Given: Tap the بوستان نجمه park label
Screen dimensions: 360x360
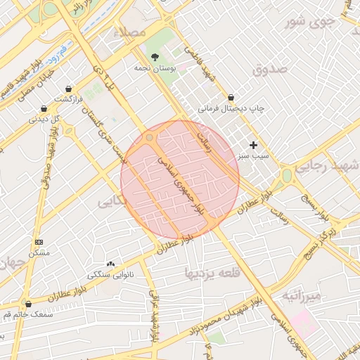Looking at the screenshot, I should point(154,69).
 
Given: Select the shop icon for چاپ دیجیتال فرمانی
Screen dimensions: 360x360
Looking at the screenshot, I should point(231,98).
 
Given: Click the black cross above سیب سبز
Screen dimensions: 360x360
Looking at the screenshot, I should point(253,144).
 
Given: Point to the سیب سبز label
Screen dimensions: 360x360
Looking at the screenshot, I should point(253,155).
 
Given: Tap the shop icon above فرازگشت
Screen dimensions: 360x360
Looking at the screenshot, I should point(68,89).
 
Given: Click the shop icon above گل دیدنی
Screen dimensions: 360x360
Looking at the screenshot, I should point(44,109).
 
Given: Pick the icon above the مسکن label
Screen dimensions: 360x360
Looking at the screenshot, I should point(38,242).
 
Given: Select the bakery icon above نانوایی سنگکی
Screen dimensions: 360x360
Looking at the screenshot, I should point(111,263).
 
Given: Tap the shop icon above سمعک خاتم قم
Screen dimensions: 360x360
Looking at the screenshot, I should point(29,304).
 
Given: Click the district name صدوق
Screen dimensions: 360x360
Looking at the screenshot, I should point(270,70).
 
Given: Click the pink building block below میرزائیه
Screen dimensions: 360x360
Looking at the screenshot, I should point(304,323).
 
